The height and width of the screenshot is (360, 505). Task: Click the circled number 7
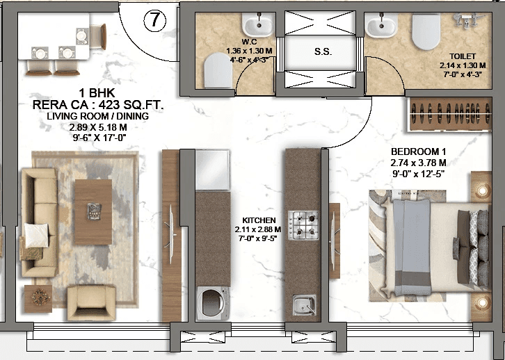click(x=155, y=21)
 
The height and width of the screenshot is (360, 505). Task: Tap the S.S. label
click(x=322, y=52)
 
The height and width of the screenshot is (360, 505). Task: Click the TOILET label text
click(x=463, y=56)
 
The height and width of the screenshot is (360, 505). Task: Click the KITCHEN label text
click(x=257, y=219)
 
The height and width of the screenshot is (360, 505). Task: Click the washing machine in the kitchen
click(x=214, y=304)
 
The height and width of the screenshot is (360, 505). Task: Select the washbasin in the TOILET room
click(x=382, y=26)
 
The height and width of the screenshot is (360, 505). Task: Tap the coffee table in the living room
click(x=93, y=207)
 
